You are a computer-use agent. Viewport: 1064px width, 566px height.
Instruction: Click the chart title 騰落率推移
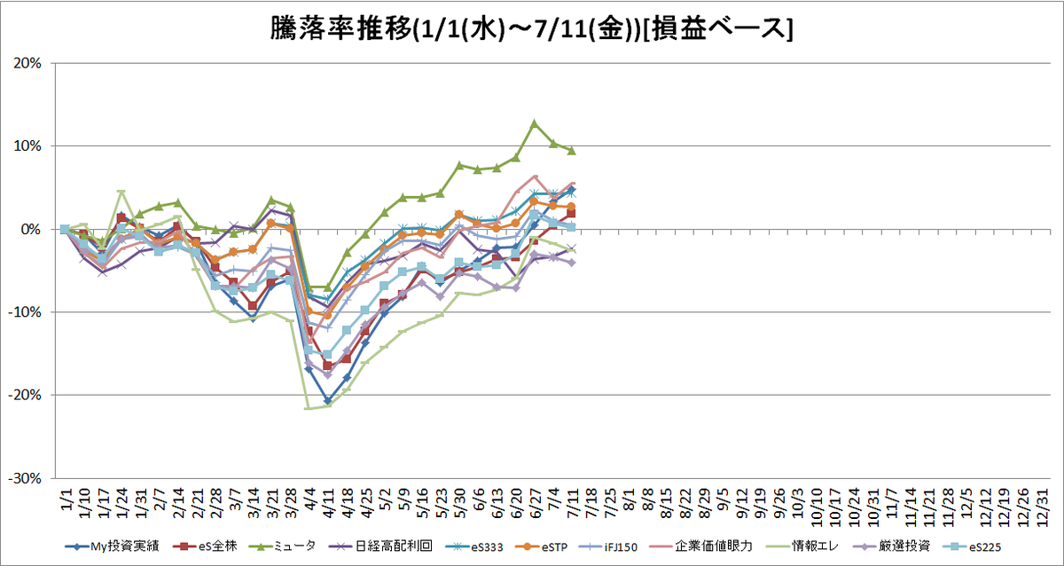click(341, 29)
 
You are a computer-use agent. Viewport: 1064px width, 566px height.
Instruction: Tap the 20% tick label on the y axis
click(27, 63)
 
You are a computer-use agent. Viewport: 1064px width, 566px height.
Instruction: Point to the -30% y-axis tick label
click(25, 478)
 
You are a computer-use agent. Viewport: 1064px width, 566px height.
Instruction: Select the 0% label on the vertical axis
click(32, 230)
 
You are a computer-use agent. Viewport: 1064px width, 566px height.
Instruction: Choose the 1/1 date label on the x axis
click(66, 499)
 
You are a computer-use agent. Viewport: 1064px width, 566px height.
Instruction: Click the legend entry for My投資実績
click(112, 546)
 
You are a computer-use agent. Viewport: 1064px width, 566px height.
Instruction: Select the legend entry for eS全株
click(205, 546)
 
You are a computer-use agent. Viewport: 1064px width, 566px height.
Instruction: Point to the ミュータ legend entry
click(283, 546)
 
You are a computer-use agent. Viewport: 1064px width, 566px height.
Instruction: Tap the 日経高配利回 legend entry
click(380, 546)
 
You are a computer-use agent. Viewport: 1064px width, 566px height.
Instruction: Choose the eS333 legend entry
click(474, 547)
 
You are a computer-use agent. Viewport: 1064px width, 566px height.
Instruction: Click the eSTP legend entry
click(542, 547)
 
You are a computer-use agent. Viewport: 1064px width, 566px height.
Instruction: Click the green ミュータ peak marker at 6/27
click(535, 123)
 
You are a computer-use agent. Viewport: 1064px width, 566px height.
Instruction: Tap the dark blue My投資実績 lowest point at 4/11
click(327, 401)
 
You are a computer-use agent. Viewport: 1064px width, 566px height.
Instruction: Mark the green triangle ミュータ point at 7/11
click(571, 151)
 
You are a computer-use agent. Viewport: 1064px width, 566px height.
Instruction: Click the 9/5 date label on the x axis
click(723, 499)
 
